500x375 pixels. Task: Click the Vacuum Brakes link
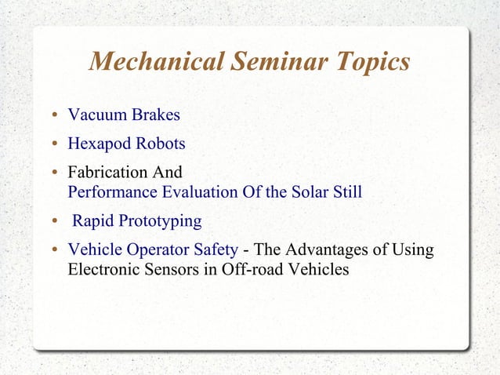(x=124, y=115)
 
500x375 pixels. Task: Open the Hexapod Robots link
(x=126, y=144)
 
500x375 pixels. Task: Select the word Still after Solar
(x=346, y=191)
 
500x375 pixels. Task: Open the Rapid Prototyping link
(x=137, y=221)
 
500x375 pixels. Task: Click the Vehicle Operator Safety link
(x=153, y=250)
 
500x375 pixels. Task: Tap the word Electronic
(x=105, y=270)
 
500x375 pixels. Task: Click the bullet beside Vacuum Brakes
(x=55, y=117)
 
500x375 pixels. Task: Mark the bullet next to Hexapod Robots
(x=55, y=145)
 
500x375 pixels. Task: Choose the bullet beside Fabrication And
(x=55, y=173)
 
